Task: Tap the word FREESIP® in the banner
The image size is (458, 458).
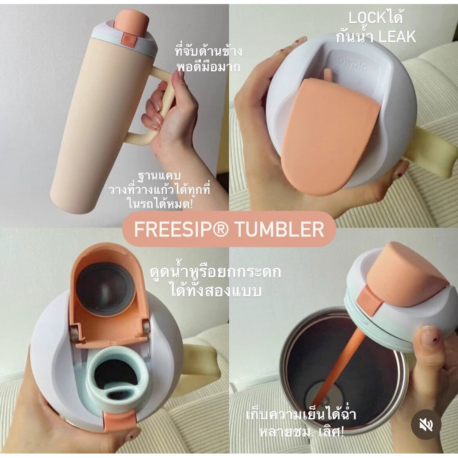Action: point(181,229)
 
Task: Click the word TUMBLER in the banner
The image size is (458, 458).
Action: point(280,229)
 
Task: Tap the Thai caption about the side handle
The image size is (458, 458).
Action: point(208,59)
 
